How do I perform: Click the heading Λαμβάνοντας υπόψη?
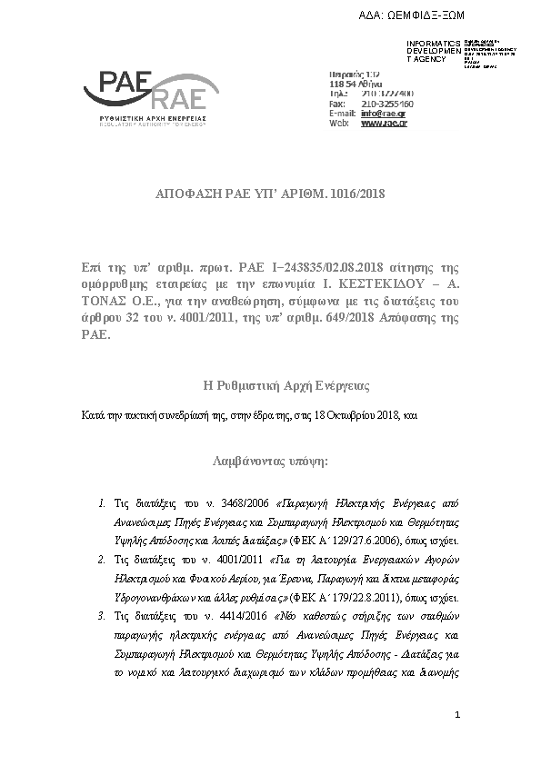point(270,461)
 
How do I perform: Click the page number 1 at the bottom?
point(459,718)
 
